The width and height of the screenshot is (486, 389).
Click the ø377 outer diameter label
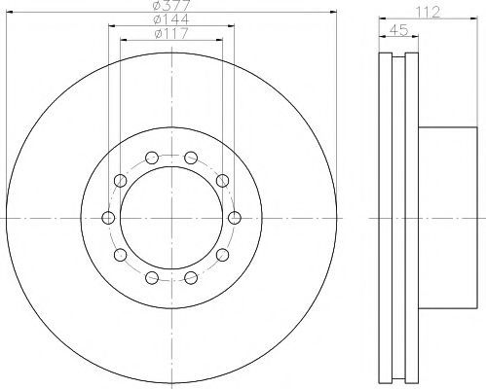tap(171, 5)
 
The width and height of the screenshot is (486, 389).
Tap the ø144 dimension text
tap(171, 19)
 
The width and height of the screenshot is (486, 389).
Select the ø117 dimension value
tap(171, 33)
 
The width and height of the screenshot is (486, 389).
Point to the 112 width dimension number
tap(428, 12)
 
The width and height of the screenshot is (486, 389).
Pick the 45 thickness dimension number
tap(398, 30)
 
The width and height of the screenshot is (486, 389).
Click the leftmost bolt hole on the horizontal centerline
tap(108, 218)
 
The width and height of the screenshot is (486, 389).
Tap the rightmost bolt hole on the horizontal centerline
tap(235, 218)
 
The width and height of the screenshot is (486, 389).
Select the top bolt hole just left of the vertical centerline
tap(152, 158)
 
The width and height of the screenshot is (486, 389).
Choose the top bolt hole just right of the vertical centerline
tap(191, 158)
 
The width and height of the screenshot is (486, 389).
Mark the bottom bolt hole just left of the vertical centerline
tap(152, 277)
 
